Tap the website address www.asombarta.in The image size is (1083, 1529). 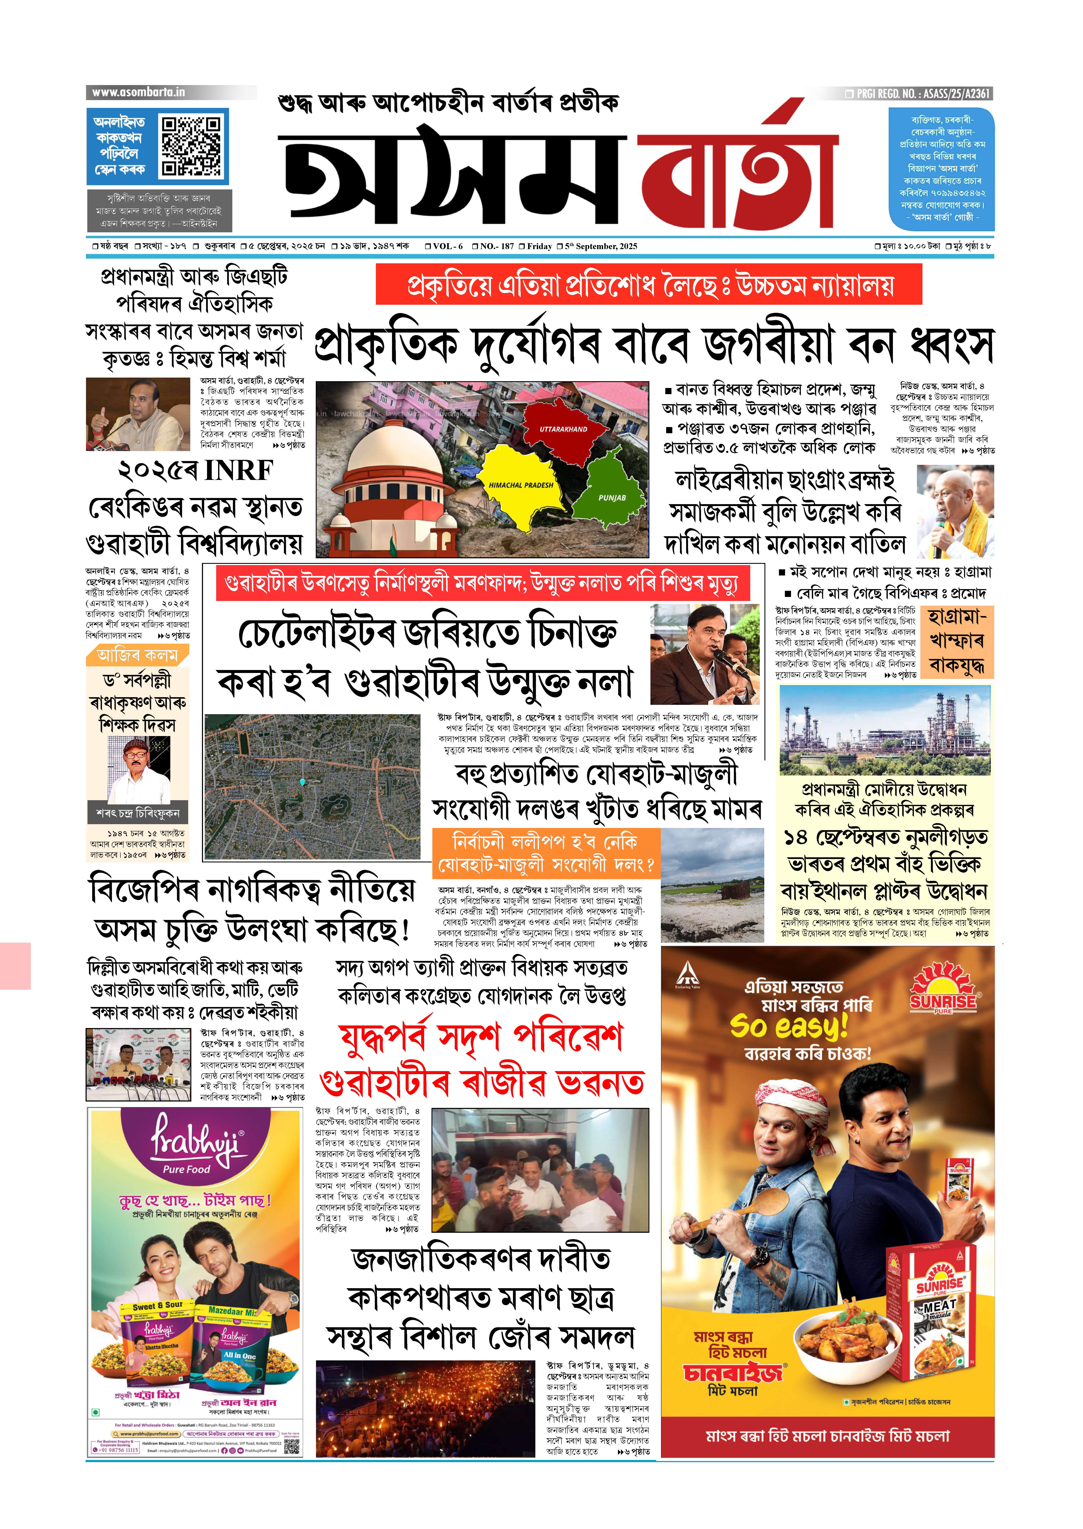click(139, 92)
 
